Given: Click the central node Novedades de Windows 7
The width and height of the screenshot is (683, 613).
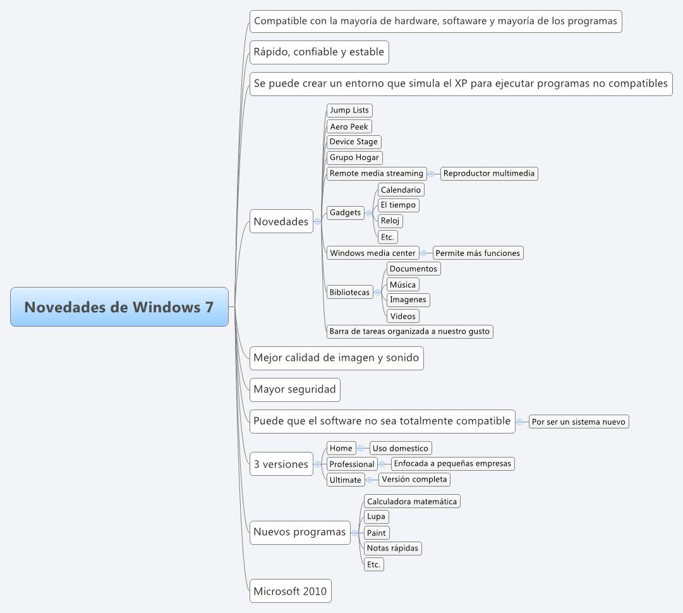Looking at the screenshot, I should (119, 307).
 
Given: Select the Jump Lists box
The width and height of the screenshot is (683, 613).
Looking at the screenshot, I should (349, 110).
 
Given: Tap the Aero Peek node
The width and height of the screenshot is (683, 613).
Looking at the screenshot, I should (349, 126).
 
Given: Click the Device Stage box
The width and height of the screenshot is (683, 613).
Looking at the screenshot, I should (354, 142).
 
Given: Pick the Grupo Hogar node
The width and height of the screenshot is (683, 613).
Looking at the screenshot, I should (354, 157).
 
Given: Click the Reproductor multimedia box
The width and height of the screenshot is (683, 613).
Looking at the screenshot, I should (489, 173).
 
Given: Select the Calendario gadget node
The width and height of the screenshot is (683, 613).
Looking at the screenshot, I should (401, 190).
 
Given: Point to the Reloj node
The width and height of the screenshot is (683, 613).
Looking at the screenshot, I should (390, 221).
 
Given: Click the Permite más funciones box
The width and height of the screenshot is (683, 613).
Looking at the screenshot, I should (478, 253).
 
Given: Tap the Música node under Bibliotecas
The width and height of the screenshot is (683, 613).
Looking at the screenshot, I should (402, 284).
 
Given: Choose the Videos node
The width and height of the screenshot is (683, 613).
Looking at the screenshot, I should (402, 316).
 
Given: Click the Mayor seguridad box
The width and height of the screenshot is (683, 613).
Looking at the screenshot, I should (294, 389).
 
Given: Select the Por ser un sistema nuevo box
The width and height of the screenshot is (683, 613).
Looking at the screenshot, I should (579, 422).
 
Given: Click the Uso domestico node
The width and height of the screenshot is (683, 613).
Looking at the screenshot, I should (401, 448).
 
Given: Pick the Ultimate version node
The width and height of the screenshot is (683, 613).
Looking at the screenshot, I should (346, 480).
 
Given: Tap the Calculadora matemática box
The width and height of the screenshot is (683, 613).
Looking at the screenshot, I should (412, 501).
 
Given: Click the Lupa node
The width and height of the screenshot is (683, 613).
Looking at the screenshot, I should (376, 516).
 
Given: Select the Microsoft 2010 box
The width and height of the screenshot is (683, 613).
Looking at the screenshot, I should (290, 592).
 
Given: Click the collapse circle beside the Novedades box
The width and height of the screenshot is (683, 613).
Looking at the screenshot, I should (317, 221).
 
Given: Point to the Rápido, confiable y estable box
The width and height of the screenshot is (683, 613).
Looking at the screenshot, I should (318, 52).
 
